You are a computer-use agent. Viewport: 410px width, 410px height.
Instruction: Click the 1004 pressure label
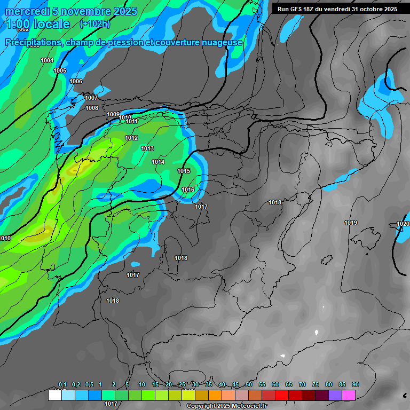(x=47, y=60)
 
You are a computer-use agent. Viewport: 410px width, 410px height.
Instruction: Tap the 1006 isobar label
(x=76, y=81)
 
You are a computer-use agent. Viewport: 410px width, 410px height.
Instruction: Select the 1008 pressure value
(x=92, y=108)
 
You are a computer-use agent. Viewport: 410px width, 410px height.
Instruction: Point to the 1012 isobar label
(x=131, y=138)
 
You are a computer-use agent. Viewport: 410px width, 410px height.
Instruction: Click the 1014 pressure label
(x=158, y=162)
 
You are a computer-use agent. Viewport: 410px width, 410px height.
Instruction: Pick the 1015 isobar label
(x=184, y=171)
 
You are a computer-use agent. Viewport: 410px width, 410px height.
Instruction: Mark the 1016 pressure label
(x=188, y=190)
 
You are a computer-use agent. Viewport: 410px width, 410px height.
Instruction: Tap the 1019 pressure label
(x=351, y=223)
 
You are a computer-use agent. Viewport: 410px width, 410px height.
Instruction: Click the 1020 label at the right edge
(x=403, y=224)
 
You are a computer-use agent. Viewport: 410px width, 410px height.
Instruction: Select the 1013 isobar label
(x=147, y=148)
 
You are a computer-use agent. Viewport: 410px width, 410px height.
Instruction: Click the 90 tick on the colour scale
(x=356, y=384)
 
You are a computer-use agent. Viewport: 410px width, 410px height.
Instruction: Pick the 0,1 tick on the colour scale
(x=62, y=384)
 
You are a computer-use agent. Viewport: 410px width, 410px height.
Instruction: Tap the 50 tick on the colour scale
(x=249, y=384)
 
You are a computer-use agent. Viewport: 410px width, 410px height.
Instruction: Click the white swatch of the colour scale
(x=54, y=395)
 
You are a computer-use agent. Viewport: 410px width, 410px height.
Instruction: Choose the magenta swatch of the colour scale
(x=349, y=395)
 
